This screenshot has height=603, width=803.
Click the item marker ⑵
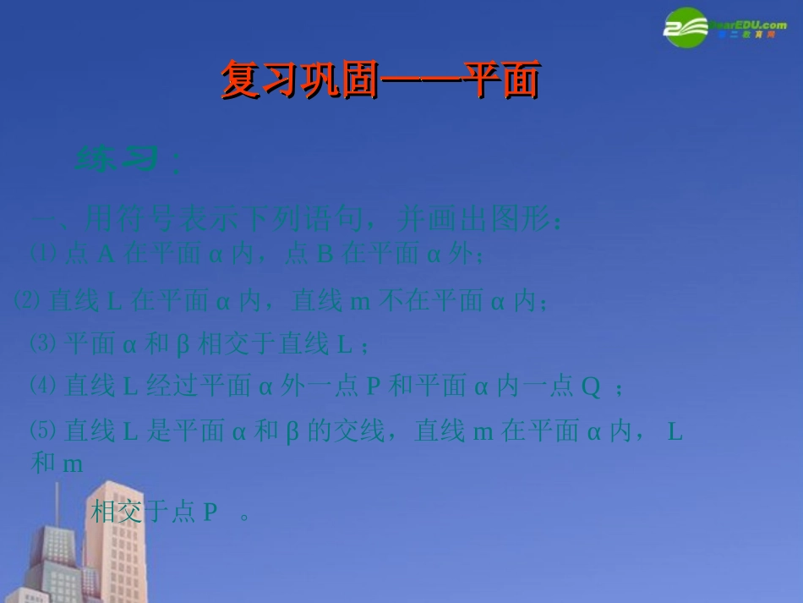[29, 299]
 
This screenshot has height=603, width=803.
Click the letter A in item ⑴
[106, 255]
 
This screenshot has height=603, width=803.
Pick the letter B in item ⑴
[325, 255]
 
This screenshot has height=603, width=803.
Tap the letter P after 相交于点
[210, 513]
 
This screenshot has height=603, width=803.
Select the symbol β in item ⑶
[183, 344]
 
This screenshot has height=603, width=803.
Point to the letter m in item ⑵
[360, 300]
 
